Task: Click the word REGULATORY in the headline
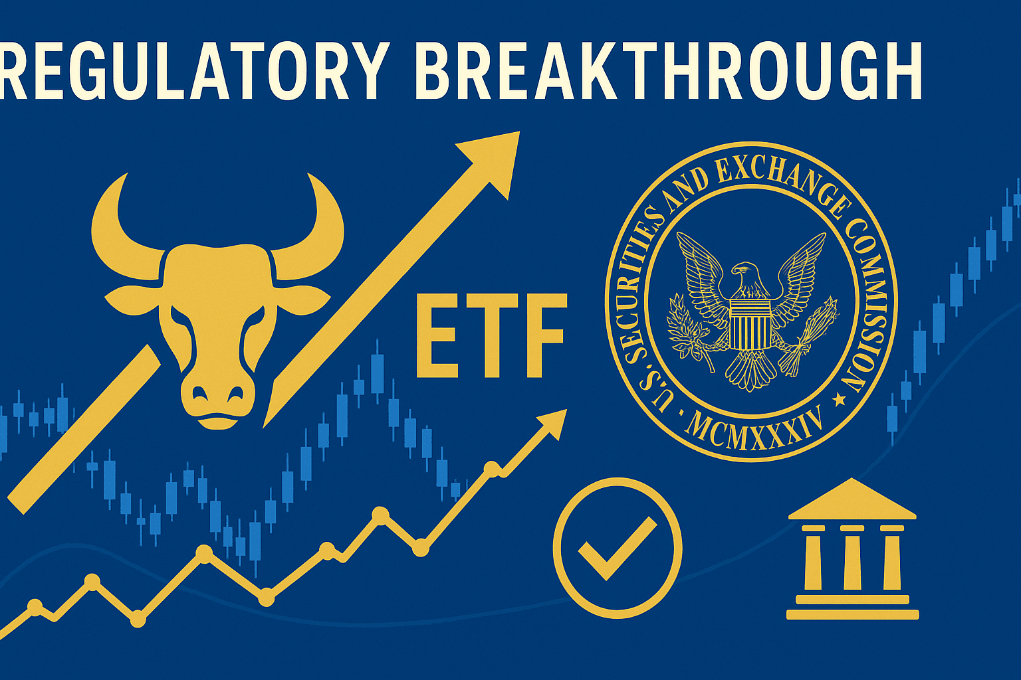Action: pos(193,71)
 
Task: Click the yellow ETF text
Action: pos(491,335)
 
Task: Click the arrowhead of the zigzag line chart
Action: pos(552,424)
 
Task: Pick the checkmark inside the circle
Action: pos(617,548)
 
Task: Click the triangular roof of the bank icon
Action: pos(852,500)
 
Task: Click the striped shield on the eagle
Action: pos(749,323)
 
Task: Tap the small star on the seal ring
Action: pos(839,400)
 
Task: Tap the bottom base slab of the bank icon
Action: pos(852,614)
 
